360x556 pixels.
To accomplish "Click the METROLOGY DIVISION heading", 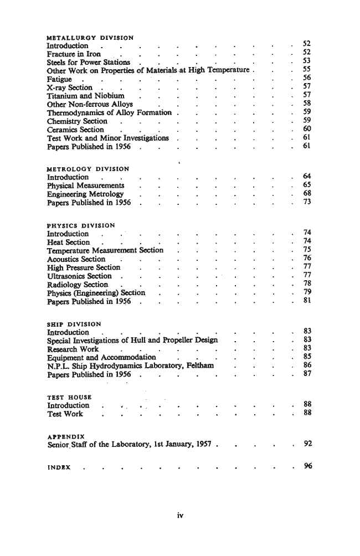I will [x=88, y=169].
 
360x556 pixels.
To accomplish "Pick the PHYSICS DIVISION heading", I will [x=81, y=225].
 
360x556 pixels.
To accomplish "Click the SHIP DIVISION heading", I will [x=74, y=324].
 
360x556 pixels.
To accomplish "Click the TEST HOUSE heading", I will [x=70, y=397].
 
